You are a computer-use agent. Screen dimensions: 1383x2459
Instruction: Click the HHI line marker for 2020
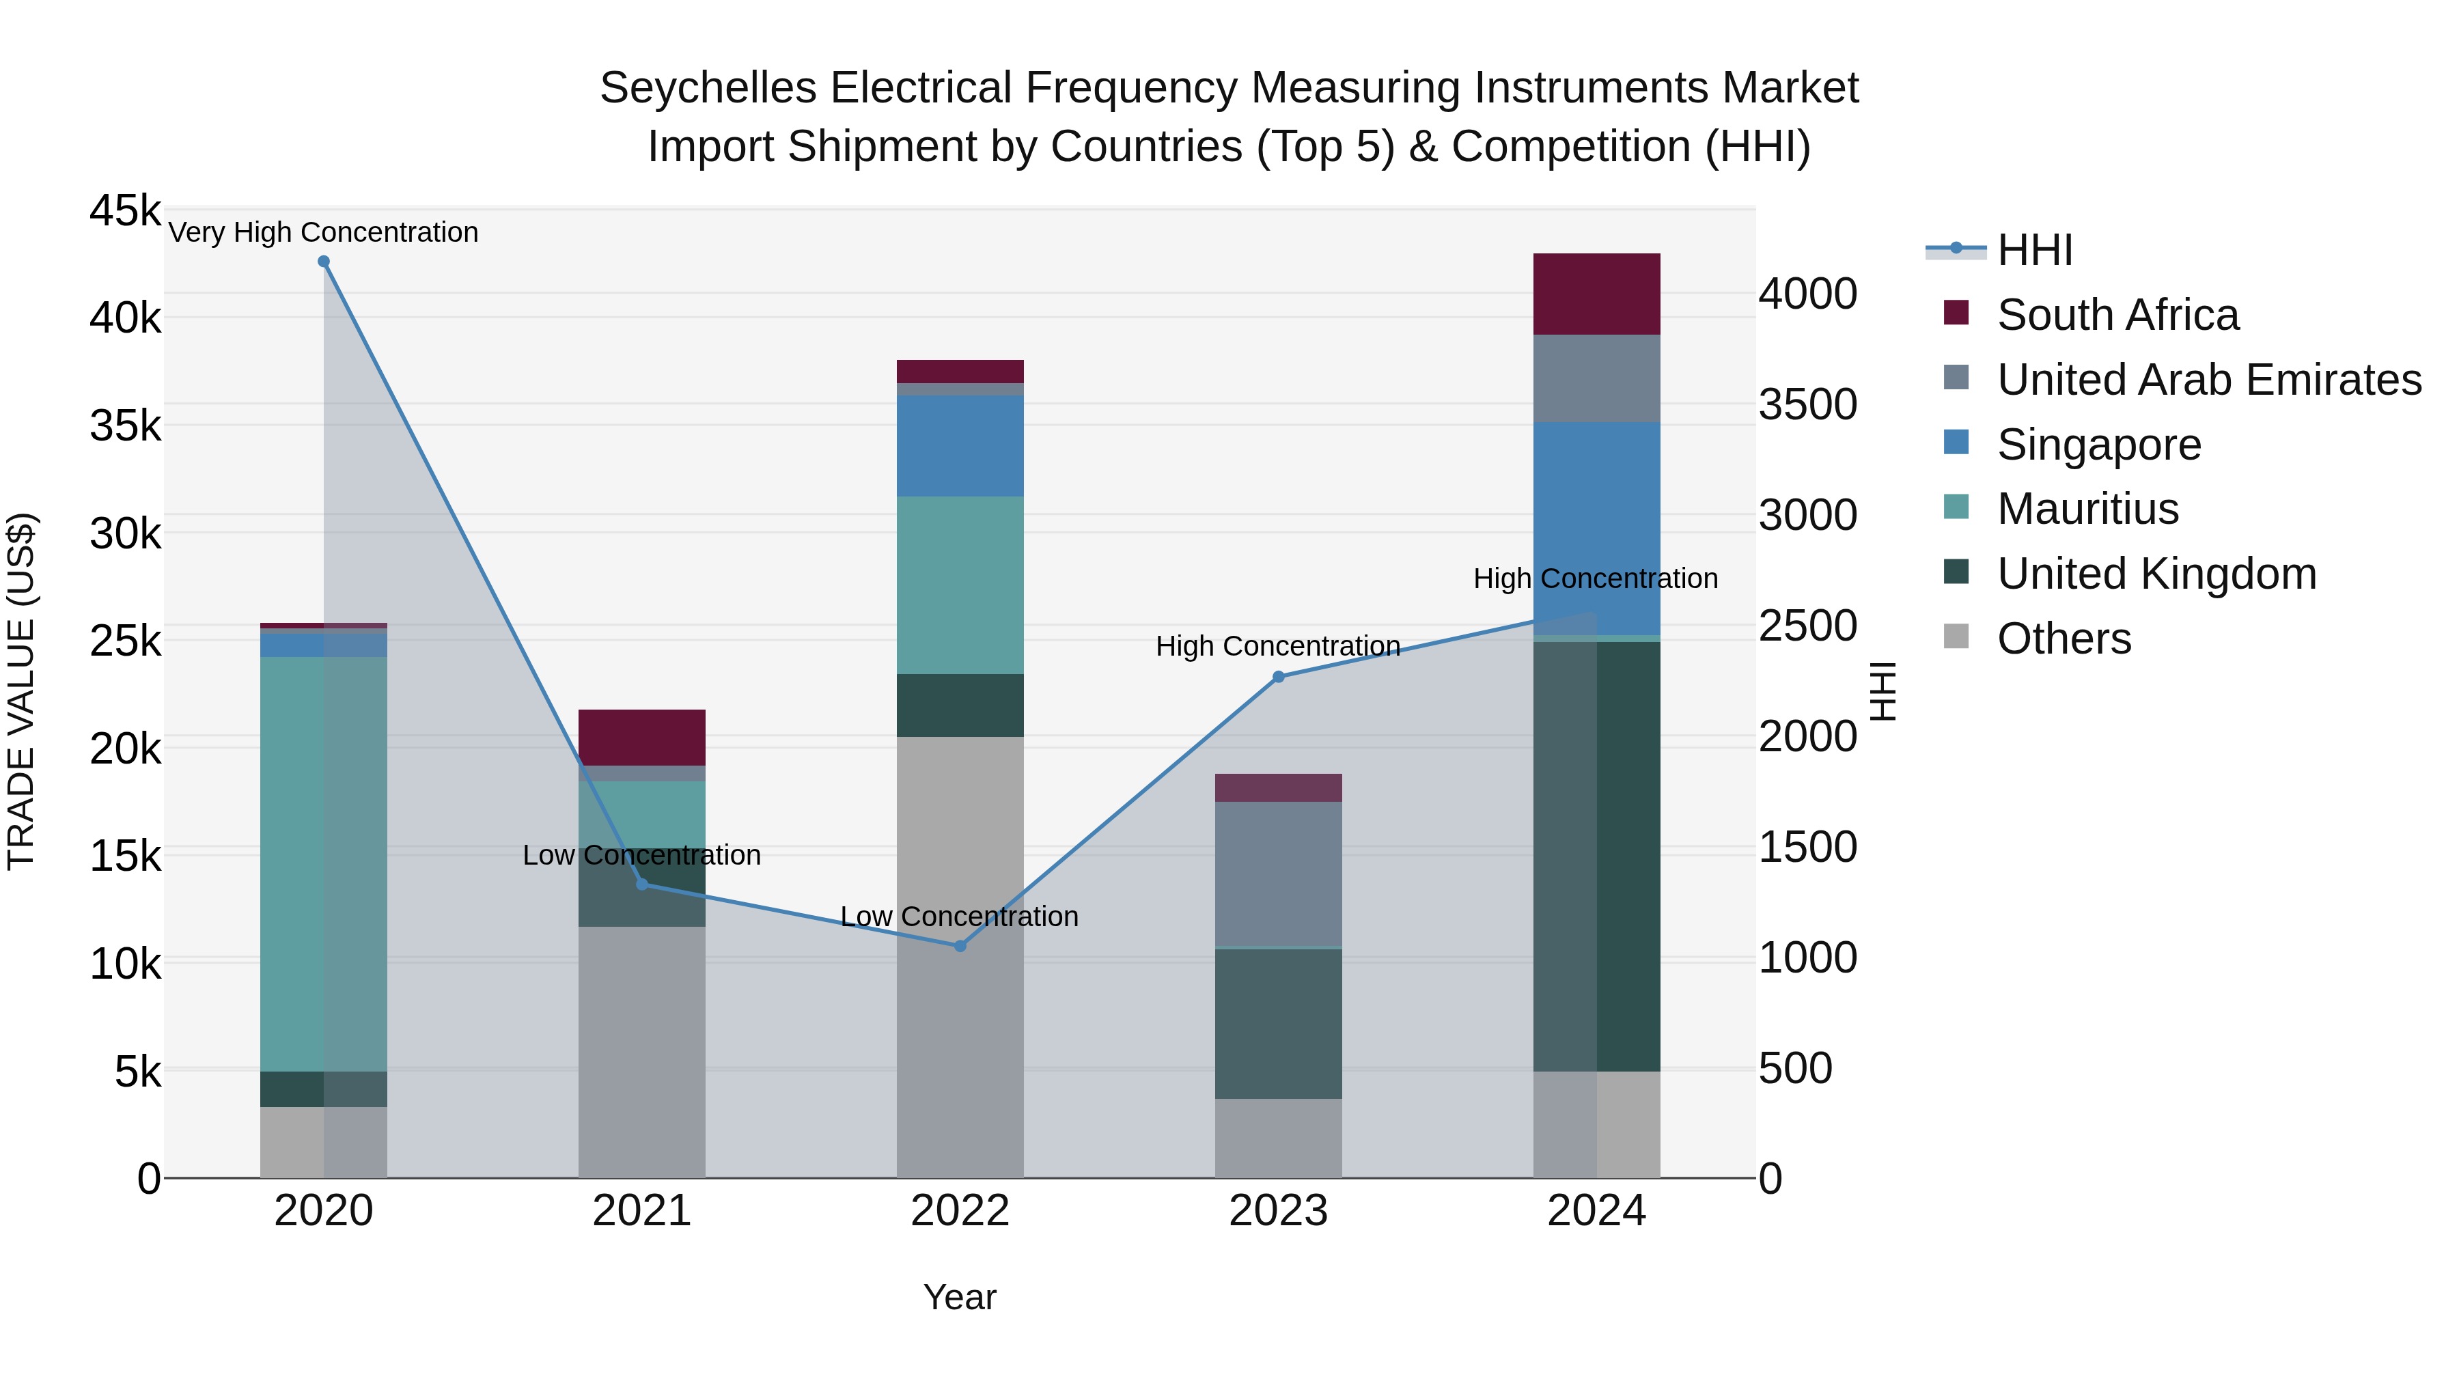point(324,262)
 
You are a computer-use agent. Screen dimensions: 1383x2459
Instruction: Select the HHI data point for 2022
point(960,946)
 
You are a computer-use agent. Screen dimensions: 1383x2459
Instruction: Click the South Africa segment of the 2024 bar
point(1596,294)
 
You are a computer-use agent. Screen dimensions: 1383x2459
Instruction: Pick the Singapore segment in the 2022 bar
point(960,446)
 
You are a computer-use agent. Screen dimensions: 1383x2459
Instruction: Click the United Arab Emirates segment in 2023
point(1278,874)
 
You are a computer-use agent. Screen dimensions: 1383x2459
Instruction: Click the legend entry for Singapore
point(2098,445)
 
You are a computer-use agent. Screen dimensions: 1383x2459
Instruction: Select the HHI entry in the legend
point(2034,250)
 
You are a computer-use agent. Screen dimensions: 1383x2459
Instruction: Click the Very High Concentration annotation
point(324,233)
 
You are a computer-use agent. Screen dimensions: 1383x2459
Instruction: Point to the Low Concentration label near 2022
point(960,917)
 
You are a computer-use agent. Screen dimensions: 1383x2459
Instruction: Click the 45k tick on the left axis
point(125,211)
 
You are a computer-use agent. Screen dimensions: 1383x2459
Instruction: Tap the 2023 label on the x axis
point(1278,1211)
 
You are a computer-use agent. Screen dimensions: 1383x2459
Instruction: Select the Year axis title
point(960,1297)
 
